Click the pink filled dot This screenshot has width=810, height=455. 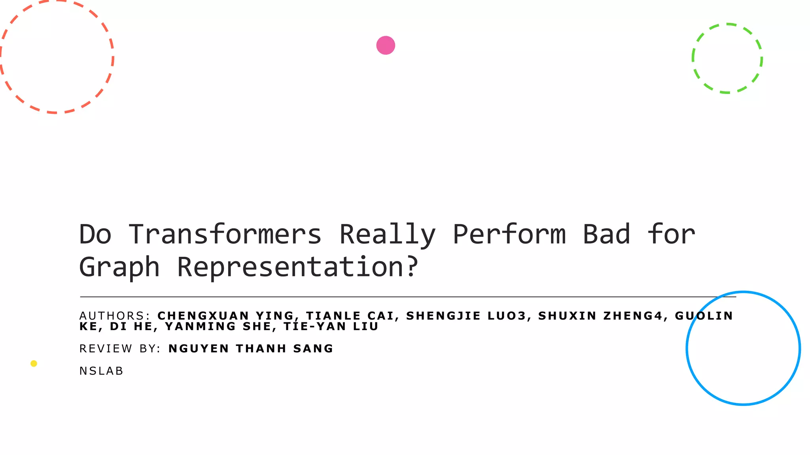[x=386, y=45]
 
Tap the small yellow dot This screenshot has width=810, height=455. [x=34, y=363]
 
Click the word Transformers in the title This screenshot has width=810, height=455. [x=225, y=234]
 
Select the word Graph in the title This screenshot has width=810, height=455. [x=119, y=267]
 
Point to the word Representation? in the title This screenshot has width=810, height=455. [x=297, y=267]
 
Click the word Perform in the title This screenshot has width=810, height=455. [x=509, y=234]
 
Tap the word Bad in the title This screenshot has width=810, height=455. [x=606, y=234]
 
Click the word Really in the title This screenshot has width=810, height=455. [x=387, y=234]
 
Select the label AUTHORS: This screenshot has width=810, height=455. [x=115, y=316]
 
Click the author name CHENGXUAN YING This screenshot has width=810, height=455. [x=225, y=316]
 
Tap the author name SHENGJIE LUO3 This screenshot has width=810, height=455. [x=466, y=316]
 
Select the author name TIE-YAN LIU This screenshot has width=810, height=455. [x=331, y=327]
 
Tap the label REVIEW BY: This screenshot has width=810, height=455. [x=120, y=349]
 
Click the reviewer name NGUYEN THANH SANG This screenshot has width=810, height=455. [x=251, y=349]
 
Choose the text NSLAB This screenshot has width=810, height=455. [x=101, y=371]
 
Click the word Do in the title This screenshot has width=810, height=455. [x=95, y=234]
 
